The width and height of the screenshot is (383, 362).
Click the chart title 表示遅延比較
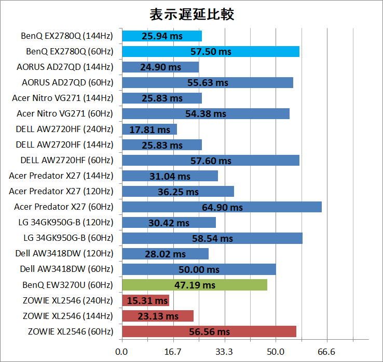tap(191, 14)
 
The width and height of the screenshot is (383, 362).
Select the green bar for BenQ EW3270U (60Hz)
tap(195, 285)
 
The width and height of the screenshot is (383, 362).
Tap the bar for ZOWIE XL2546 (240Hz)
tap(145, 300)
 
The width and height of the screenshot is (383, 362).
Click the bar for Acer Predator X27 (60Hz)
tap(222, 207)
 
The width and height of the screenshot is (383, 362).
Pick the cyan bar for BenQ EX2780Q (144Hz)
tap(162, 36)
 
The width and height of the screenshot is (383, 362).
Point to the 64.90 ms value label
tap(222, 208)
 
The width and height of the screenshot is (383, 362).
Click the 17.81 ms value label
tap(149, 130)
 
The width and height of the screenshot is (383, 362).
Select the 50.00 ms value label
tap(199, 270)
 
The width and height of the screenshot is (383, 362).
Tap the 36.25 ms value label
tap(178, 192)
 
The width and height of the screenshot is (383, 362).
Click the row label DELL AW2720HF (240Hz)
tap(64, 129)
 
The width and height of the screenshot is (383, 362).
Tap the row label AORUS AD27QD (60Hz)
tap(67, 82)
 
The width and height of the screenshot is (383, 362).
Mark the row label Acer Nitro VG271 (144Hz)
tap(62, 98)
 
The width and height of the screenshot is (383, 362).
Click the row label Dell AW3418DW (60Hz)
tap(66, 269)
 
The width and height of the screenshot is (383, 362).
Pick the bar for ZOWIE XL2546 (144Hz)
tap(158, 316)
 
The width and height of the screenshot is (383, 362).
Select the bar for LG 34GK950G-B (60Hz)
tap(212, 238)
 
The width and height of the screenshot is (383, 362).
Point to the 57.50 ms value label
tap(211, 52)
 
